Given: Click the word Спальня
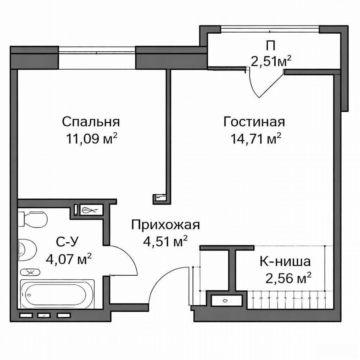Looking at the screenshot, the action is (91, 121).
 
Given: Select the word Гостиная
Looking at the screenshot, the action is (254, 121).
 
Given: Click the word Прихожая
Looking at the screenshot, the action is (165, 225).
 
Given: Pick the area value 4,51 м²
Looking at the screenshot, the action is (165, 241).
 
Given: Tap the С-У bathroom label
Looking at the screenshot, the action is (67, 242).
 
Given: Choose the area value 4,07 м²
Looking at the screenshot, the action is (69, 259).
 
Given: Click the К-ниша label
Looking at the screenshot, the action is (285, 261).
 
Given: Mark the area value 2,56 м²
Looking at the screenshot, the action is (288, 278).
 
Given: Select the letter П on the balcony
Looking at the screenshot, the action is (271, 46).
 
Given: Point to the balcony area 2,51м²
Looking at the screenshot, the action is (271, 61).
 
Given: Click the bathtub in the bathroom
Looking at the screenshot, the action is (57, 294).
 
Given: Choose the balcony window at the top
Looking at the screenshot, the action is (270, 29).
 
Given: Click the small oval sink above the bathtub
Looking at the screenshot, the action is (30, 272).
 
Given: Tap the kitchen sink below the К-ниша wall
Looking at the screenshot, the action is (226, 300).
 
